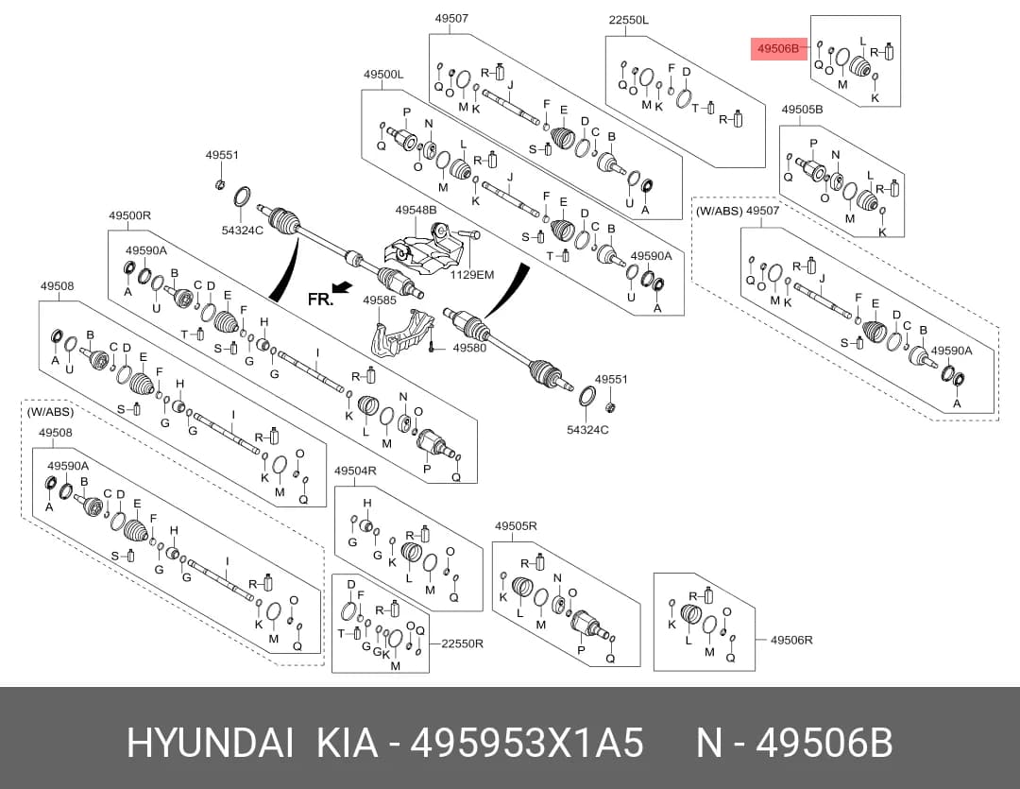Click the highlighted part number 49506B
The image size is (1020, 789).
[x=778, y=48]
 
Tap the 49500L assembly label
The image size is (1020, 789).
[x=383, y=75]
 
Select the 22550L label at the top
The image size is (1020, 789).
[x=628, y=20]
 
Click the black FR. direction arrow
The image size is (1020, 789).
[x=342, y=287]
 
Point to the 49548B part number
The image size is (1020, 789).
[x=416, y=211]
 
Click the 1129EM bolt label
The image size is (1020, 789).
[x=472, y=275]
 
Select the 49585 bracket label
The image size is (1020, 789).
[x=380, y=300]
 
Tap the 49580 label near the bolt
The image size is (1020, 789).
[x=469, y=348]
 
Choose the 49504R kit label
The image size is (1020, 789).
[x=355, y=471]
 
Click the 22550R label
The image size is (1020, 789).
[x=462, y=643]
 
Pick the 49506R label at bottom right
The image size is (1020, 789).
[x=791, y=640]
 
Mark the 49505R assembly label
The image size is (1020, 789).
[x=516, y=526]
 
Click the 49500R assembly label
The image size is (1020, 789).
[x=129, y=215]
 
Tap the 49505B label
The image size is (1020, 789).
[x=802, y=110]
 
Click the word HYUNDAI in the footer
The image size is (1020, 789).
[x=210, y=743]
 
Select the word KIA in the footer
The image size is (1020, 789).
[x=347, y=743]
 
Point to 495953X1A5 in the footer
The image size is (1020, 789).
[x=527, y=743]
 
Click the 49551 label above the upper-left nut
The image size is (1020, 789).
[x=222, y=155]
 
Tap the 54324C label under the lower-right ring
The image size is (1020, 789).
[x=587, y=430]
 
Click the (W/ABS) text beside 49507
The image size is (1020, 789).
[x=719, y=211]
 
